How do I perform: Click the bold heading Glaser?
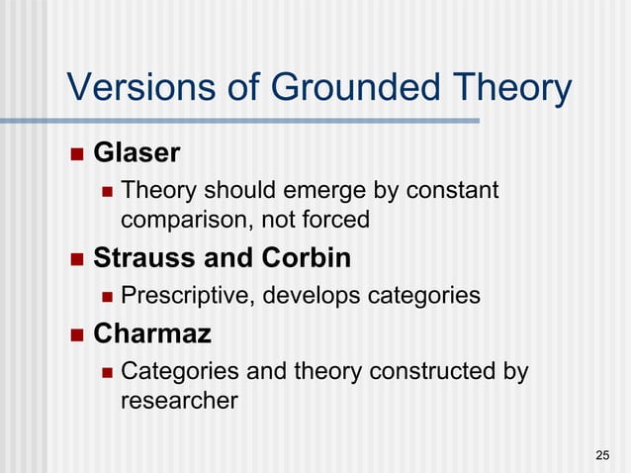click(136, 153)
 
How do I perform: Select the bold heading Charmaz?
click(152, 333)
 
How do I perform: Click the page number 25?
click(602, 455)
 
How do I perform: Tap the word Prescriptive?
click(187, 296)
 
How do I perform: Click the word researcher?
click(178, 401)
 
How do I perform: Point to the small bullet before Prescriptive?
click(104, 296)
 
